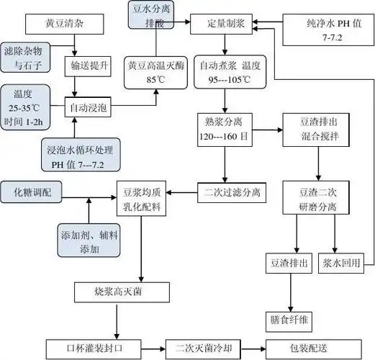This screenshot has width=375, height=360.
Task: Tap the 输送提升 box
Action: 90,67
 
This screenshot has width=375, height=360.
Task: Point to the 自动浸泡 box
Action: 90,107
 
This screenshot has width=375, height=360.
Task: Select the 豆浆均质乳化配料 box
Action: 143,197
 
